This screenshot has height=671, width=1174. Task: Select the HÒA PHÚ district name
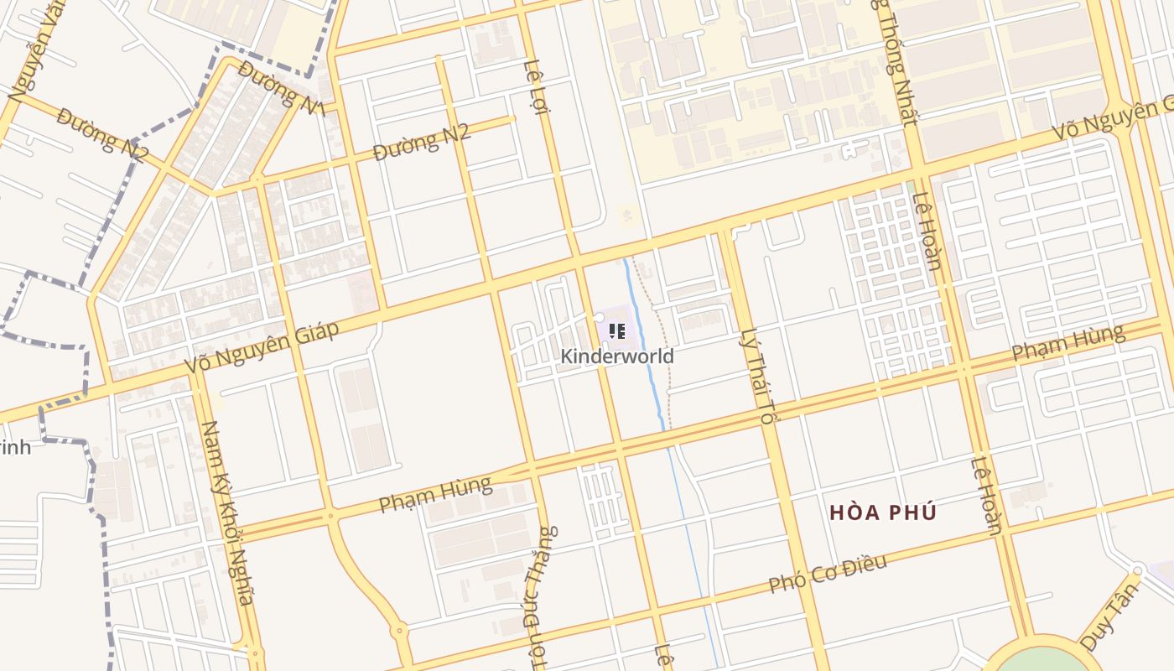pos(882,512)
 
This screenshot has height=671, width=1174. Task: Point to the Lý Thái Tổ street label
pos(757,375)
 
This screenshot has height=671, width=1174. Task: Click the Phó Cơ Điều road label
pos(828,574)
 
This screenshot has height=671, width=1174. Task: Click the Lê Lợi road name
pos(535,86)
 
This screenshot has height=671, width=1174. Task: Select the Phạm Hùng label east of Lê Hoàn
pos(1068,343)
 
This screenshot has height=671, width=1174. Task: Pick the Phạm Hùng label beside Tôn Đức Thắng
pos(434,494)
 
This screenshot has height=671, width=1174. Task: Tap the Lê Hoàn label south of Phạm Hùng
pos(987,496)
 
